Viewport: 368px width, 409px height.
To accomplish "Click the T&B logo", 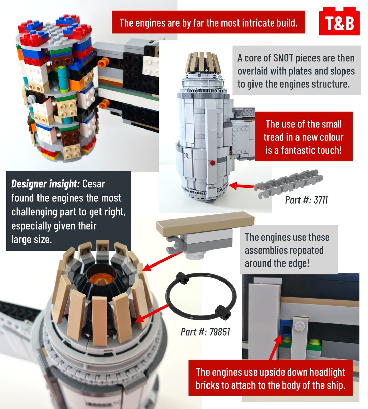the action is click(339, 21).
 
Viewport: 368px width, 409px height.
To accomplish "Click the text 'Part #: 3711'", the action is click(306, 200).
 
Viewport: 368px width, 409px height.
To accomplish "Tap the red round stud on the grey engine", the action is click(212, 163).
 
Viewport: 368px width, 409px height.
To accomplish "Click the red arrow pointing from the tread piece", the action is click(242, 185).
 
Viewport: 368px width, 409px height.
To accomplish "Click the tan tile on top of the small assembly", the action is click(205, 223).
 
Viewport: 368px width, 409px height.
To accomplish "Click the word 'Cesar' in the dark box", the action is click(94, 184).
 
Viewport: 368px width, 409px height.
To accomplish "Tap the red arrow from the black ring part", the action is click(151, 314).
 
